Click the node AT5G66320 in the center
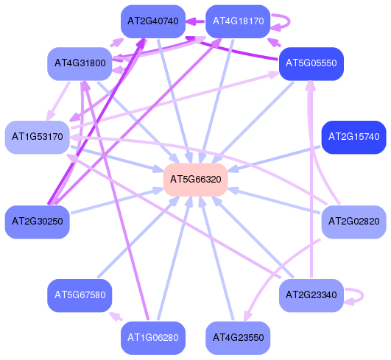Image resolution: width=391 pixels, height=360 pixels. click(x=196, y=180)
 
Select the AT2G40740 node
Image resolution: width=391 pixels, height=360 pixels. click(x=153, y=21)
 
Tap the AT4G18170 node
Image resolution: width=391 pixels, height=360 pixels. click(x=238, y=21)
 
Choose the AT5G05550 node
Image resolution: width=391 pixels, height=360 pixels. click(x=311, y=64)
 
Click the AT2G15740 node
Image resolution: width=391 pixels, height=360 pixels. click(x=354, y=137)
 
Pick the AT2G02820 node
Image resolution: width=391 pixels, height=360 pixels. click(x=354, y=222)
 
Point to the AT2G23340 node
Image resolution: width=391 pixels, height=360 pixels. click(x=311, y=295)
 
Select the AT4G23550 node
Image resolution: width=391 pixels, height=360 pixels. click(x=238, y=338)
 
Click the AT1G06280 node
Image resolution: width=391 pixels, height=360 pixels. click(x=153, y=338)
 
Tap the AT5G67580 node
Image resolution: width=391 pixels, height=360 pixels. click(x=80, y=295)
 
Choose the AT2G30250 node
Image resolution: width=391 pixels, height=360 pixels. click(x=38, y=222)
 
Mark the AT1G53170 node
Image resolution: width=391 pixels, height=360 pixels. click(x=38, y=137)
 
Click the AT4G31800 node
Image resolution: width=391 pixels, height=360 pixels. click(x=80, y=64)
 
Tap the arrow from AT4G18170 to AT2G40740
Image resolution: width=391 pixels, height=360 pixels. click(x=195, y=21)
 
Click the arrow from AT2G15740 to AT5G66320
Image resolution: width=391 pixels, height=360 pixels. click(x=274, y=159)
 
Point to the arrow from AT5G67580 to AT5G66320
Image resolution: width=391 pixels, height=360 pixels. click(x=138, y=236)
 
